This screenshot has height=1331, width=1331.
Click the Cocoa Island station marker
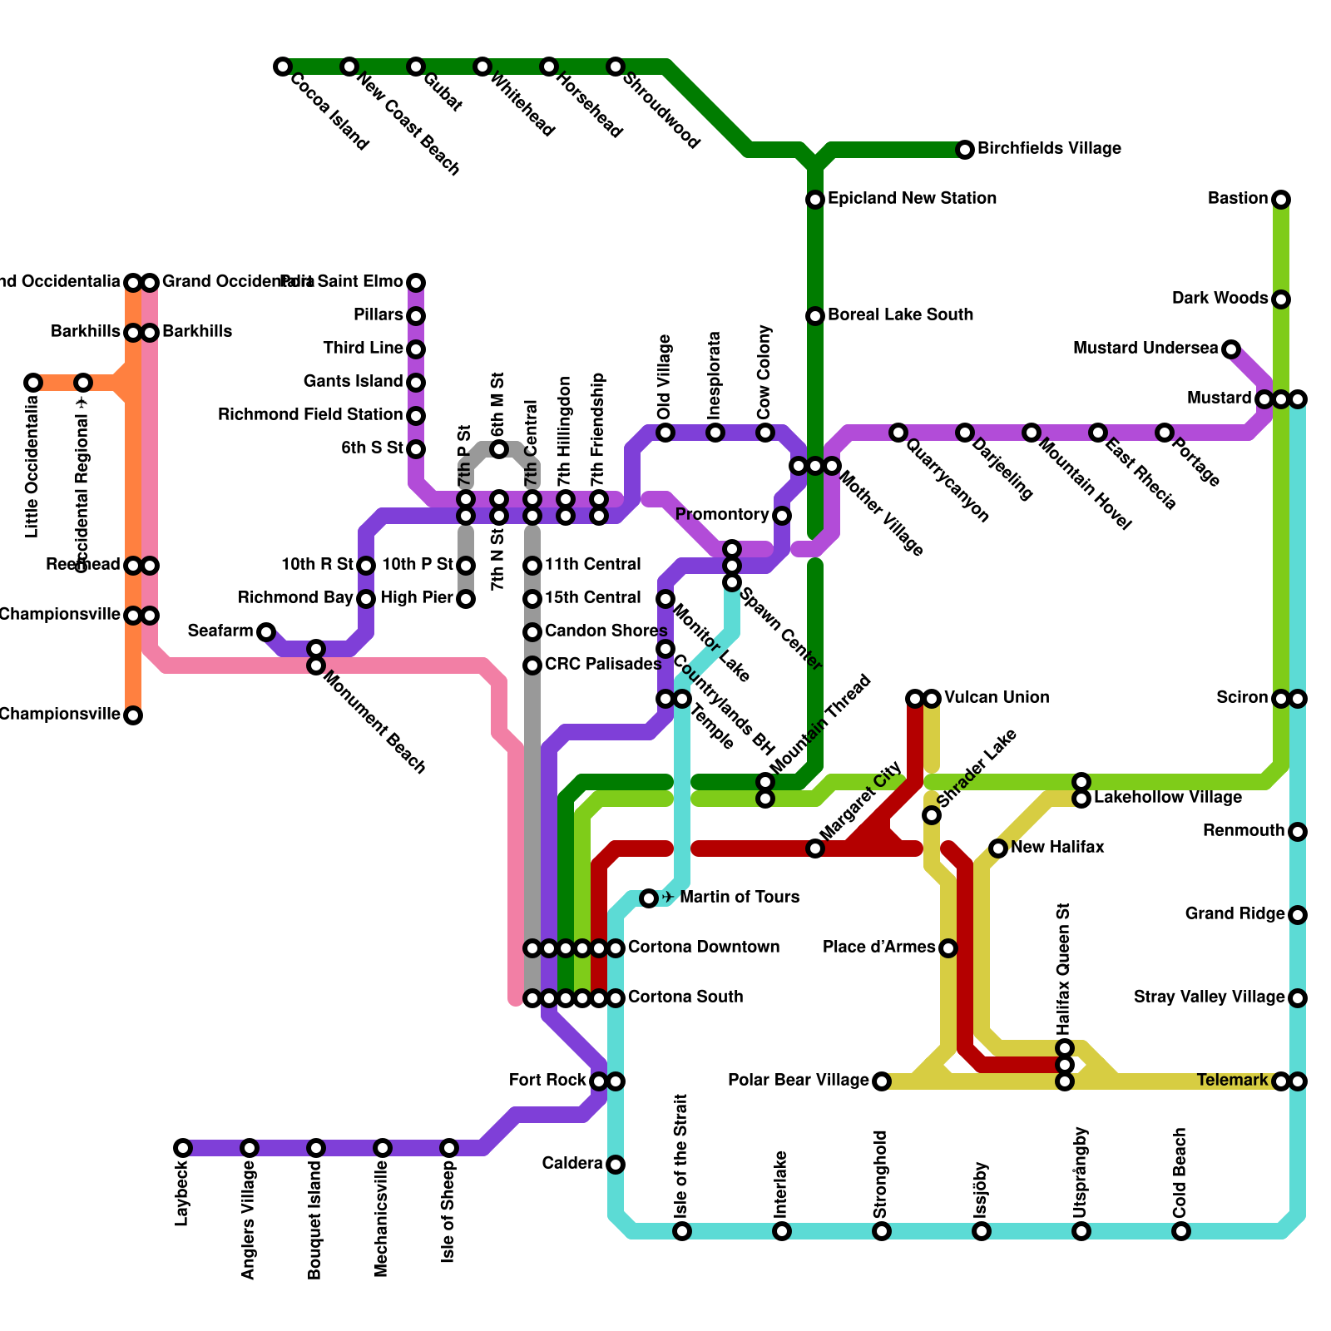(x=283, y=67)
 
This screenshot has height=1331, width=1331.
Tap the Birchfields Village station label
(x=1049, y=149)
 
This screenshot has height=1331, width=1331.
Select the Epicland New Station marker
(x=815, y=200)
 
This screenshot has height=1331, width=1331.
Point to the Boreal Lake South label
(x=900, y=315)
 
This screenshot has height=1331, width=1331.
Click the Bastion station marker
(x=1281, y=200)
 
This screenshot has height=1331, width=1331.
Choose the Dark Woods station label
(x=1220, y=299)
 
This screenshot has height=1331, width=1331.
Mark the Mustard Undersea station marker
(x=1231, y=349)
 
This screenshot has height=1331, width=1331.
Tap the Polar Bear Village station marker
(x=882, y=1081)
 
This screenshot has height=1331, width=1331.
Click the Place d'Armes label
(x=878, y=948)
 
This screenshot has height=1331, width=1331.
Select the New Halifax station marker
(x=998, y=849)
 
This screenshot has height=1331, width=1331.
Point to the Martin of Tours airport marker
(x=649, y=898)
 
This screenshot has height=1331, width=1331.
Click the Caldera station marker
(x=616, y=1165)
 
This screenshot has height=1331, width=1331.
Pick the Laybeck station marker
(x=183, y=1148)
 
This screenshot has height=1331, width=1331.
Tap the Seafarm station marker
(x=266, y=632)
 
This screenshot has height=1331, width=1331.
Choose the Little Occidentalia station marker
(x=33, y=383)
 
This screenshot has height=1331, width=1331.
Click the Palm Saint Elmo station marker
(x=416, y=283)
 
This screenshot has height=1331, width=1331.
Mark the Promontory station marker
(x=782, y=516)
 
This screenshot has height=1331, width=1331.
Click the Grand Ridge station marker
(x=1298, y=915)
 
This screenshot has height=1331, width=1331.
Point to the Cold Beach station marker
(x=1181, y=1231)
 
